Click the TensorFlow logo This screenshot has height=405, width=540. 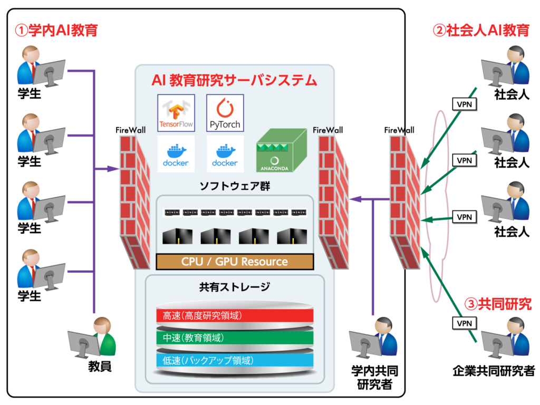point(176,113)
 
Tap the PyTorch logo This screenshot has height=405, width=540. point(225,113)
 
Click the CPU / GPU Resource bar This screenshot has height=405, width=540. point(235,262)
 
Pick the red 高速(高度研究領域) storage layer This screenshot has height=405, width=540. point(235,316)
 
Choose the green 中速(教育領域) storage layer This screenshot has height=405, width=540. point(235,338)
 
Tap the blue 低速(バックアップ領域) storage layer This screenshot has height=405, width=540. point(235,360)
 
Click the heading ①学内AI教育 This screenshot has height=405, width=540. point(56,30)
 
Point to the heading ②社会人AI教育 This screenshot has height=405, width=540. point(480,30)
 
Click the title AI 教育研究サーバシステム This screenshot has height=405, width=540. point(234,80)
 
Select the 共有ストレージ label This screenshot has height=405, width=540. point(235,287)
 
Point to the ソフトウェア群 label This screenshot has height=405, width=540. point(235,186)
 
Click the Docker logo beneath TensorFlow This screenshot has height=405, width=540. point(176,154)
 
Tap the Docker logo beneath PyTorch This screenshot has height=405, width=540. point(225,154)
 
